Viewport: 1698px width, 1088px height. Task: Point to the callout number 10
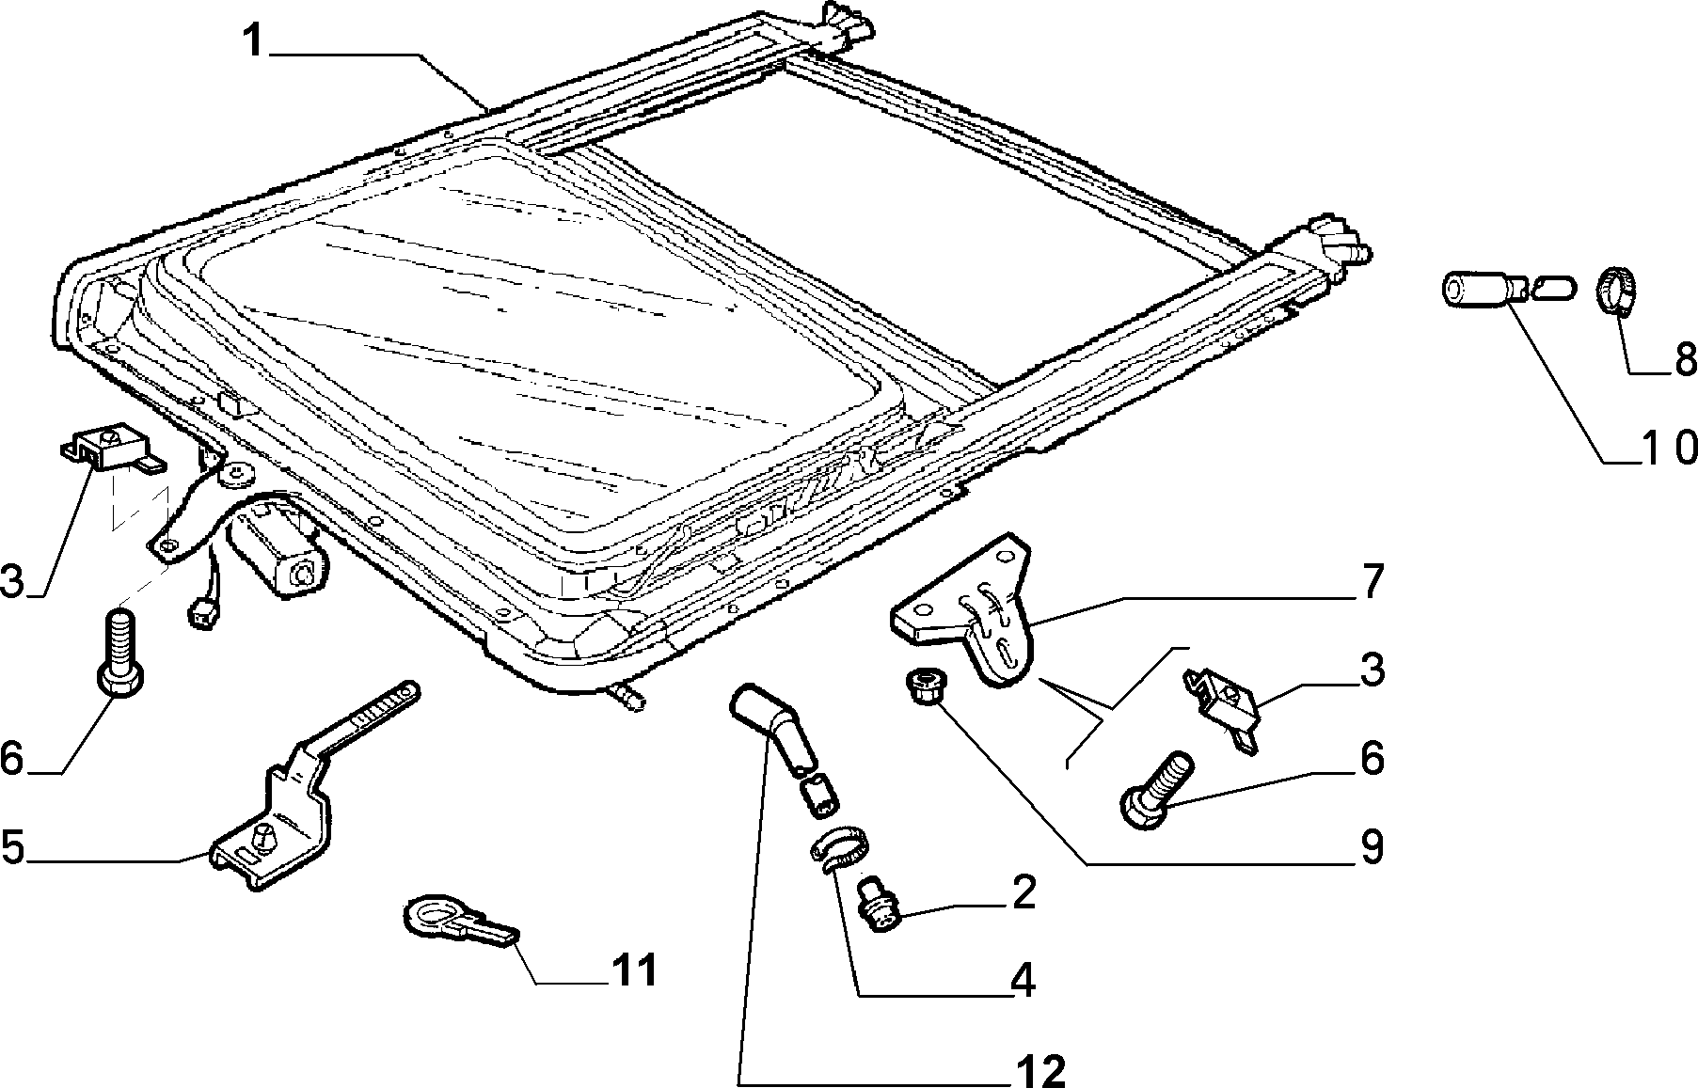click(1669, 448)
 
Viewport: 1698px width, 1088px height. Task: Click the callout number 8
click(1683, 358)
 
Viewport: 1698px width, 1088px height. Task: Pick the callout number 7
click(1373, 582)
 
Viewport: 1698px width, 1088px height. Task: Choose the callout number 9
click(1373, 848)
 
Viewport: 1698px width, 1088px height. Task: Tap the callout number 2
click(1024, 891)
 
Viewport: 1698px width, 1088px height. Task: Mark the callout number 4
click(1024, 981)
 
